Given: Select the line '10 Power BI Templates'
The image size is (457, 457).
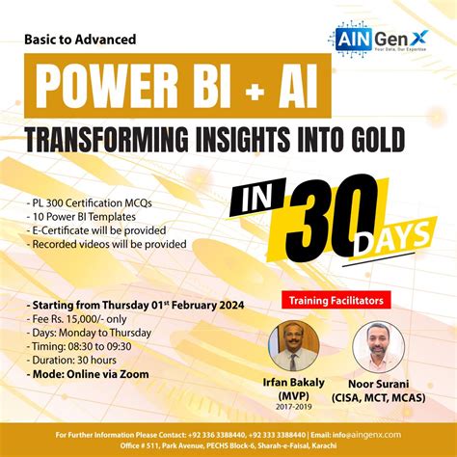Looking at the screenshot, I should (x=77, y=217).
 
